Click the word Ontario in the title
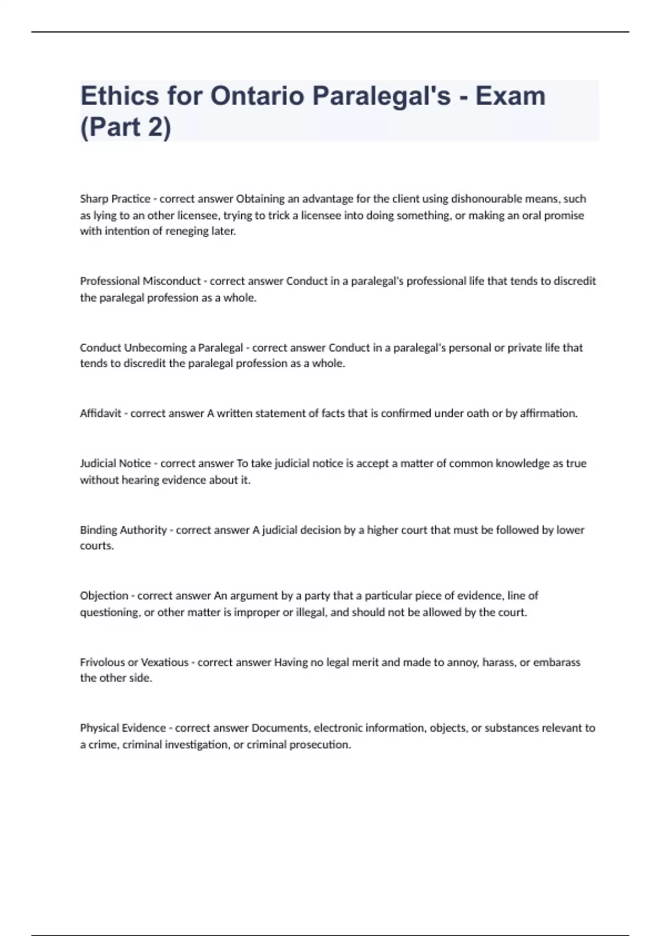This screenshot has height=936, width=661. coord(257,96)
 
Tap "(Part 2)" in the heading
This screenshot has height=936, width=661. coord(126,127)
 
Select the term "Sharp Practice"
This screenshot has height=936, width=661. coord(115,199)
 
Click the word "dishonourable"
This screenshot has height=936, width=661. coord(486,199)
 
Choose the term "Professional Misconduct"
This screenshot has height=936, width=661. coord(140,281)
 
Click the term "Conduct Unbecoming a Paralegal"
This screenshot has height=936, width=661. coord(161,348)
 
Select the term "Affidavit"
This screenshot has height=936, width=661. coord(100,413)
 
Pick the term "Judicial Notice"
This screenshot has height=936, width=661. coord(115,464)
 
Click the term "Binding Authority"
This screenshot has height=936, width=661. coord(123,530)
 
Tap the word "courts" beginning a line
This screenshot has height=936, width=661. coord(96,546)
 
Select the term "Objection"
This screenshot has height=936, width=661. coord(104,596)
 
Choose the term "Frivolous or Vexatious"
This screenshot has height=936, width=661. coord(134,662)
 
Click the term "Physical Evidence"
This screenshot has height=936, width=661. coord(123,728)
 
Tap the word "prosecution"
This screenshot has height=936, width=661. coord(323,745)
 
